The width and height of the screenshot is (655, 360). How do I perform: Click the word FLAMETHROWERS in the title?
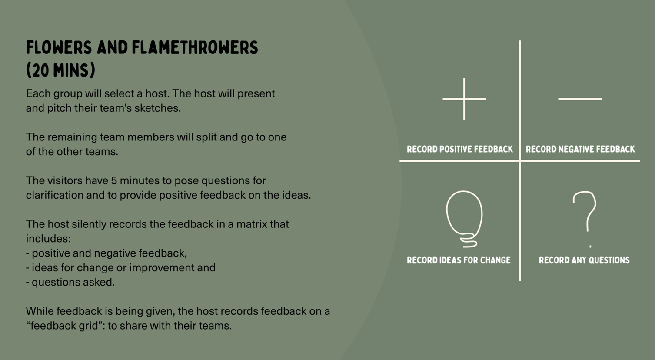click(195, 48)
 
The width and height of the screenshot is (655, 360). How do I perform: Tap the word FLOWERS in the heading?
click(59, 48)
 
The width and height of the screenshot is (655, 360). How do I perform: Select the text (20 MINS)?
click(60, 70)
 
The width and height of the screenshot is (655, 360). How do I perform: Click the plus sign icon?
click(464, 99)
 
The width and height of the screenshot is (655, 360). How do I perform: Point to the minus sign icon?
click(580, 99)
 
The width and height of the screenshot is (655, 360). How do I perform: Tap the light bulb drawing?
click(464, 219)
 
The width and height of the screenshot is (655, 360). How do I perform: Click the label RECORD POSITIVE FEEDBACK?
click(460, 149)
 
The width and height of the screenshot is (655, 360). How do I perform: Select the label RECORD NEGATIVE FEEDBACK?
click(580, 149)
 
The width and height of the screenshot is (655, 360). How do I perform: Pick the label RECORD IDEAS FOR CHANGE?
click(459, 260)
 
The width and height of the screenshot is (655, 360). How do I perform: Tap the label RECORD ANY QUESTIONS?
click(584, 260)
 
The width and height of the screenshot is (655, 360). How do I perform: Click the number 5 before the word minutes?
click(114, 181)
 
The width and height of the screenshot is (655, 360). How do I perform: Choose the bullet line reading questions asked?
click(70, 282)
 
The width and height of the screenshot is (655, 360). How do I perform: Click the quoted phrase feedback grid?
click(64, 326)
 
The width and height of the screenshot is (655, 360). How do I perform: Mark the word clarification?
click(55, 195)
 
